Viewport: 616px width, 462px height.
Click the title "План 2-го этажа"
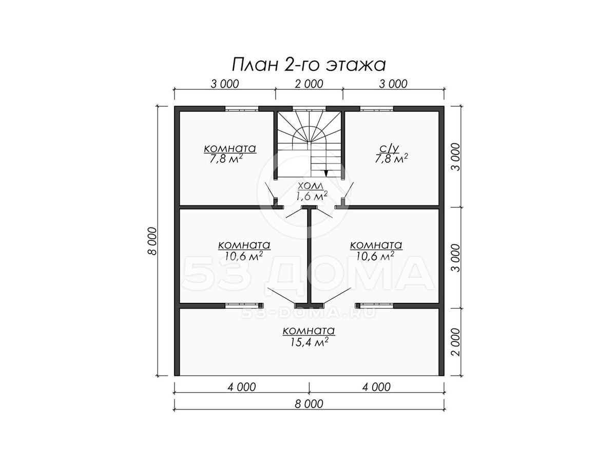coord(309,65)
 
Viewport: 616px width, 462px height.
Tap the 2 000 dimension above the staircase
coord(309,84)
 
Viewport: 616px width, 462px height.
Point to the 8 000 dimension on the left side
coord(151,241)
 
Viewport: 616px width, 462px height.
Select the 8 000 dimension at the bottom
coord(309,404)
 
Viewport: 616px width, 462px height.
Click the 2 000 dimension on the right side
coord(456,342)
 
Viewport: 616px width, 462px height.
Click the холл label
coord(311,186)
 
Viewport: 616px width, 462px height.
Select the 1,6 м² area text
coord(311,196)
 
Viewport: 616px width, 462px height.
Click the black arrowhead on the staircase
coord(326,173)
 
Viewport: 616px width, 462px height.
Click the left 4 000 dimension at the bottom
coord(242,387)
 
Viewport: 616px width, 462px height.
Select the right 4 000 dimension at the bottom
coord(376,387)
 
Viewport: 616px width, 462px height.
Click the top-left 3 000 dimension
coord(225,84)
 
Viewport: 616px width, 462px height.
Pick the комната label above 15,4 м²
coord(309,331)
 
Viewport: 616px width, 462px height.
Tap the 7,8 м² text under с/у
coord(392,159)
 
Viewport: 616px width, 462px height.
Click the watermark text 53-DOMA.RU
coord(308,313)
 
